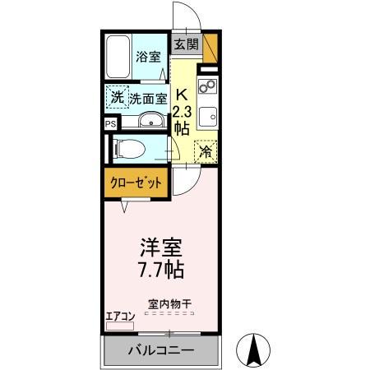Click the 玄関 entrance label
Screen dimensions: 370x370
[x=186, y=44]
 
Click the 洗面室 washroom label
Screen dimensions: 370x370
[x=149, y=98]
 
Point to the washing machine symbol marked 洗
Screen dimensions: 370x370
[x=118, y=98]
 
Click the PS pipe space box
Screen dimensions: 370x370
[x=109, y=123]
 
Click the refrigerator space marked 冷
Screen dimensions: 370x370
[x=206, y=151]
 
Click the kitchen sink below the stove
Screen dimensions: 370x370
[x=206, y=115]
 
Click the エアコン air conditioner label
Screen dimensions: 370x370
[x=120, y=315]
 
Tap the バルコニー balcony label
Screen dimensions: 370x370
[x=161, y=351]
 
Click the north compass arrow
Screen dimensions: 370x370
[x=255, y=351]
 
